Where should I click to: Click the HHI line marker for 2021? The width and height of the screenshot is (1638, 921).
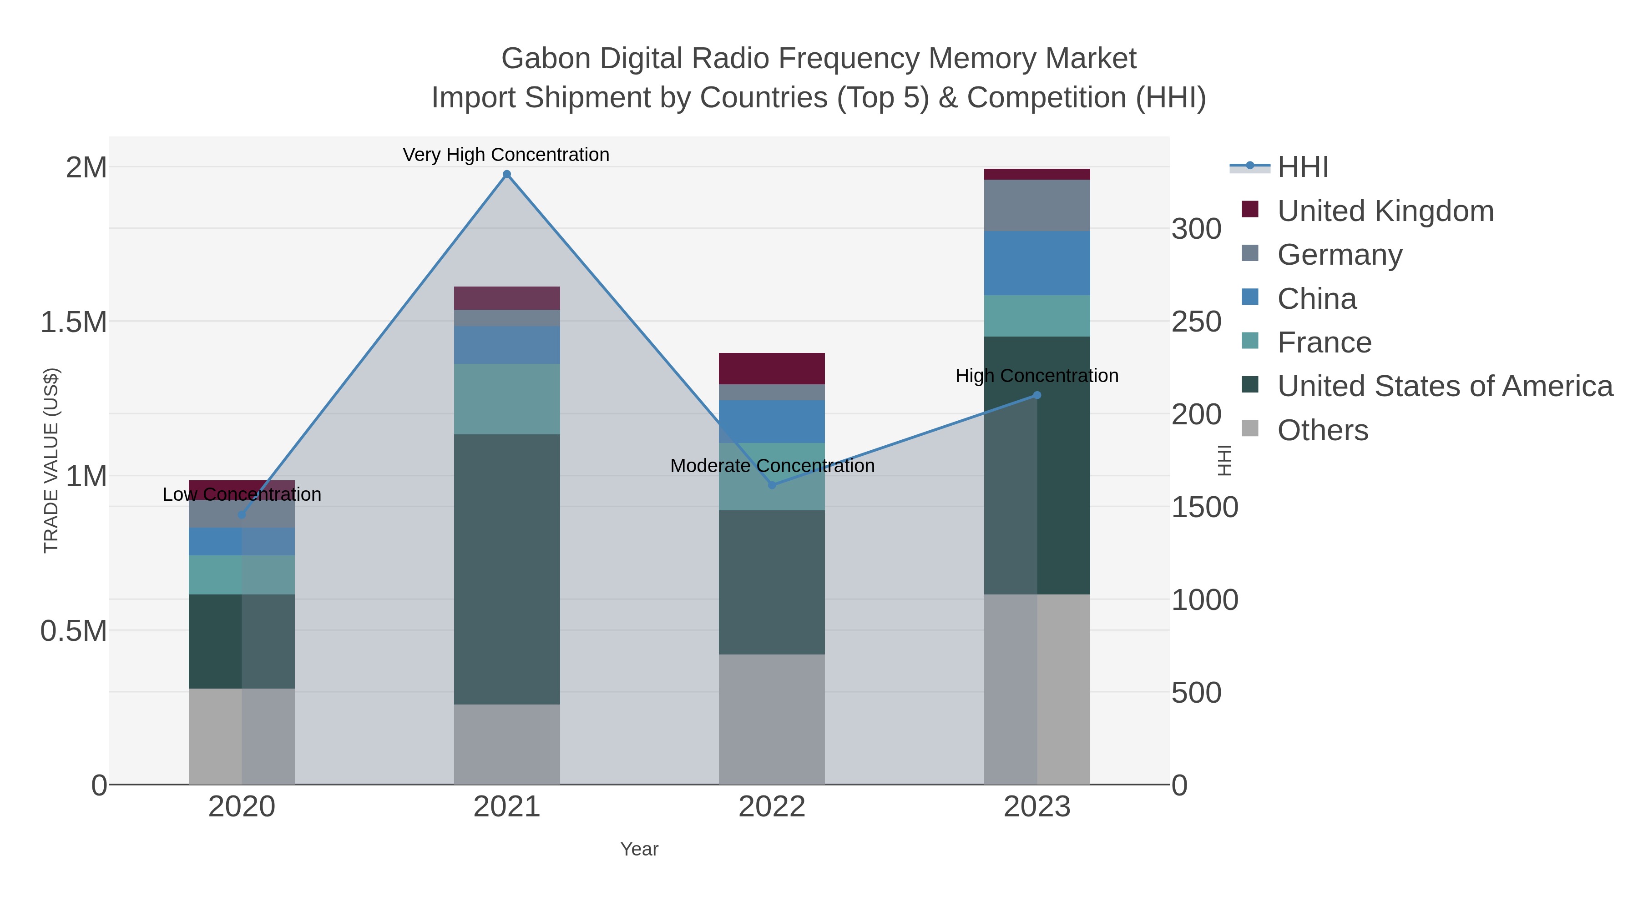click(x=507, y=174)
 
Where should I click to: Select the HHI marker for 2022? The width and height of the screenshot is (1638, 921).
click(x=772, y=485)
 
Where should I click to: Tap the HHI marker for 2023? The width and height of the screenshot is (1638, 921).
click(x=1037, y=395)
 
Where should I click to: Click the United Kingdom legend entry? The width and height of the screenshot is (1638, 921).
click(x=1385, y=211)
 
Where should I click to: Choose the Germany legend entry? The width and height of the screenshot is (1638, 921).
click(x=1339, y=255)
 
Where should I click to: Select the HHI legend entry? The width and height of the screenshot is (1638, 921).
click(x=1302, y=167)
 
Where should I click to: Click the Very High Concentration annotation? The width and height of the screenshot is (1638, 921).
click(x=506, y=155)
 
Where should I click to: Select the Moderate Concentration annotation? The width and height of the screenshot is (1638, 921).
click(x=772, y=466)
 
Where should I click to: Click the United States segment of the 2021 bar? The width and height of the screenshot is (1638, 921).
click(x=507, y=569)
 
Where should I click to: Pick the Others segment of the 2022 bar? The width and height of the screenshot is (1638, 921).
click(x=772, y=719)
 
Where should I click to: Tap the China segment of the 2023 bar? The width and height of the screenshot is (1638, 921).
click(x=1037, y=263)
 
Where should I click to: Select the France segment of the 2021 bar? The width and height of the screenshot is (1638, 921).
click(x=507, y=399)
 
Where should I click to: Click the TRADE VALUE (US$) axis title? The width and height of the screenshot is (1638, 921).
click(x=51, y=460)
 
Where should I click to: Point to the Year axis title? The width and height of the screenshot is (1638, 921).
click(x=639, y=849)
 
